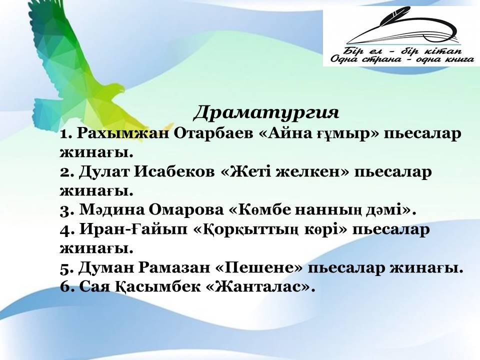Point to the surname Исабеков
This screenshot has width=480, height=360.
(x=174, y=171)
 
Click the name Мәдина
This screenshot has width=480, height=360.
(x=111, y=210)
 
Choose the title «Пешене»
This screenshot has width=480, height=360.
(x=259, y=268)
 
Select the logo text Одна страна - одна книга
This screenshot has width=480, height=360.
(x=402, y=59)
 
